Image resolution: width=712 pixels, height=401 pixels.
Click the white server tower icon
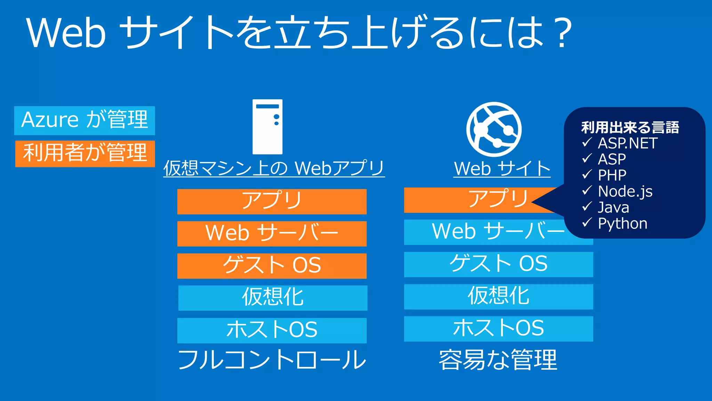coord(267,127)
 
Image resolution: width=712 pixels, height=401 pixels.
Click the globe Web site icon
coord(494,129)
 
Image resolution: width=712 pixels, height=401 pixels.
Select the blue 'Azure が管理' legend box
coord(84,120)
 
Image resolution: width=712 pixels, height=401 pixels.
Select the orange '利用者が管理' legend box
coord(85,154)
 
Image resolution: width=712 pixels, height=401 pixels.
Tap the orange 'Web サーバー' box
coord(272,234)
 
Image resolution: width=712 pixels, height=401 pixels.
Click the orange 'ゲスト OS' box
coord(272,266)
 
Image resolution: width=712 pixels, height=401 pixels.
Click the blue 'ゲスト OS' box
coord(499,264)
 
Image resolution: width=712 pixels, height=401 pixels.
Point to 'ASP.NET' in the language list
coord(628,143)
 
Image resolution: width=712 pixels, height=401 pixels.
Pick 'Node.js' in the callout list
coord(625,191)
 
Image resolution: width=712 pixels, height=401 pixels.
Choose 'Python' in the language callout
coord(623,223)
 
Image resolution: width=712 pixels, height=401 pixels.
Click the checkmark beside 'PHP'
coord(587,174)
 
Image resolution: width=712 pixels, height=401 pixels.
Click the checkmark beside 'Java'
coord(587,206)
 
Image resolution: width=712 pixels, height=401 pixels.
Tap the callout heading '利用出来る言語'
coord(630,127)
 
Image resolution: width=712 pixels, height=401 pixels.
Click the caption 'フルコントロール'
coord(272,360)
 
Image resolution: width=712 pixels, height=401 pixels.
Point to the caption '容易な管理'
coord(498,360)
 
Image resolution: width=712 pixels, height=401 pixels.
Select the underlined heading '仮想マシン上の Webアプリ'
coord(274,168)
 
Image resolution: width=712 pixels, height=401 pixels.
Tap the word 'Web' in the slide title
coord(66,33)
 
